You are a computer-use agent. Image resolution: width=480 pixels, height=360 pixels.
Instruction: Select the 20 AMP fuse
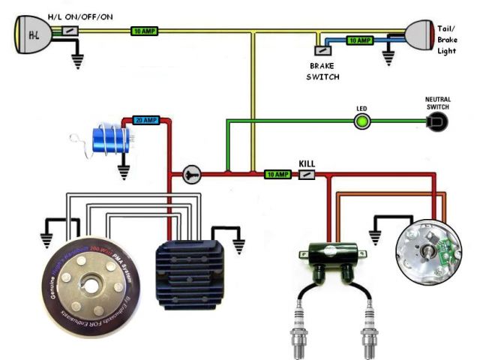[x=145, y=120]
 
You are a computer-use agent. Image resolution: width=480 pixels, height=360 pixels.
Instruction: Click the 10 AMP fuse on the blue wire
[x=360, y=40]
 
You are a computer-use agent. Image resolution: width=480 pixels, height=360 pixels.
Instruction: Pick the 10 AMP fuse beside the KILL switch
[x=277, y=175]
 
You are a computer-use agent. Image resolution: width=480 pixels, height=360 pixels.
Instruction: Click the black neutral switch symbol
[x=437, y=122]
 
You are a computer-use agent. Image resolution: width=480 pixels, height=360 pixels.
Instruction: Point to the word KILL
[x=307, y=163]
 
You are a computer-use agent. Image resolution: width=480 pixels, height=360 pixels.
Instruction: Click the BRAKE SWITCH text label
[x=324, y=71]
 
